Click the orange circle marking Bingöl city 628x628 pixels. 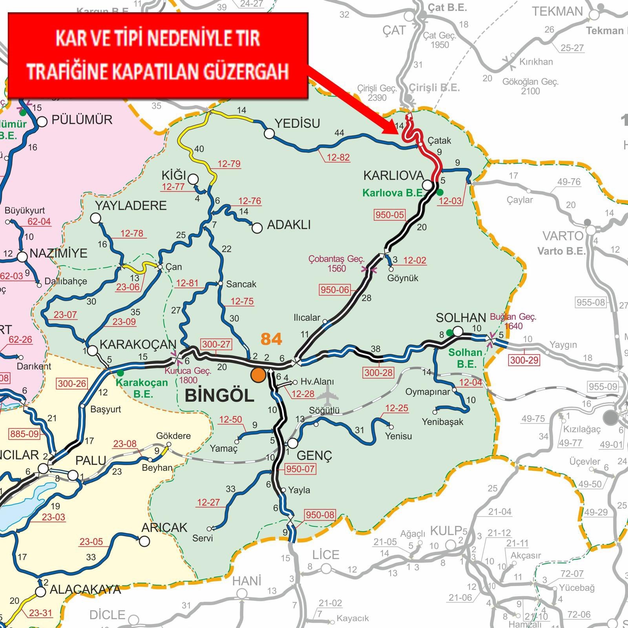(x=258, y=374)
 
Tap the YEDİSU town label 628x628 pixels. (x=297, y=124)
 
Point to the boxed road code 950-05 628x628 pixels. (x=389, y=215)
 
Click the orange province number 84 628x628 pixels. (x=271, y=339)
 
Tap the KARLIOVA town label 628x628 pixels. (x=393, y=175)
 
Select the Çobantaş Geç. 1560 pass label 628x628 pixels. (x=336, y=264)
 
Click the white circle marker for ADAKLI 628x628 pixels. (x=257, y=228)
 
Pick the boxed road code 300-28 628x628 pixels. (x=378, y=372)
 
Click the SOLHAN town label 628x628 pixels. (x=461, y=318)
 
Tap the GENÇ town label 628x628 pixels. (x=314, y=455)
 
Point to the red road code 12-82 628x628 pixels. (x=338, y=157)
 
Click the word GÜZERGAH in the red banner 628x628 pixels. (x=246, y=71)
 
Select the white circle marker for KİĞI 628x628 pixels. (x=193, y=179)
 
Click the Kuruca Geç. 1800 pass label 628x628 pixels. (x=188, y=375)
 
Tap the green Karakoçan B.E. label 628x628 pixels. (x=142, y=388)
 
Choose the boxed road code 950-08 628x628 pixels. (x=320, y=515)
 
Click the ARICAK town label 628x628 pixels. (x=164, y=528)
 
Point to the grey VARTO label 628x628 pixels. (x=563, y=236)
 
